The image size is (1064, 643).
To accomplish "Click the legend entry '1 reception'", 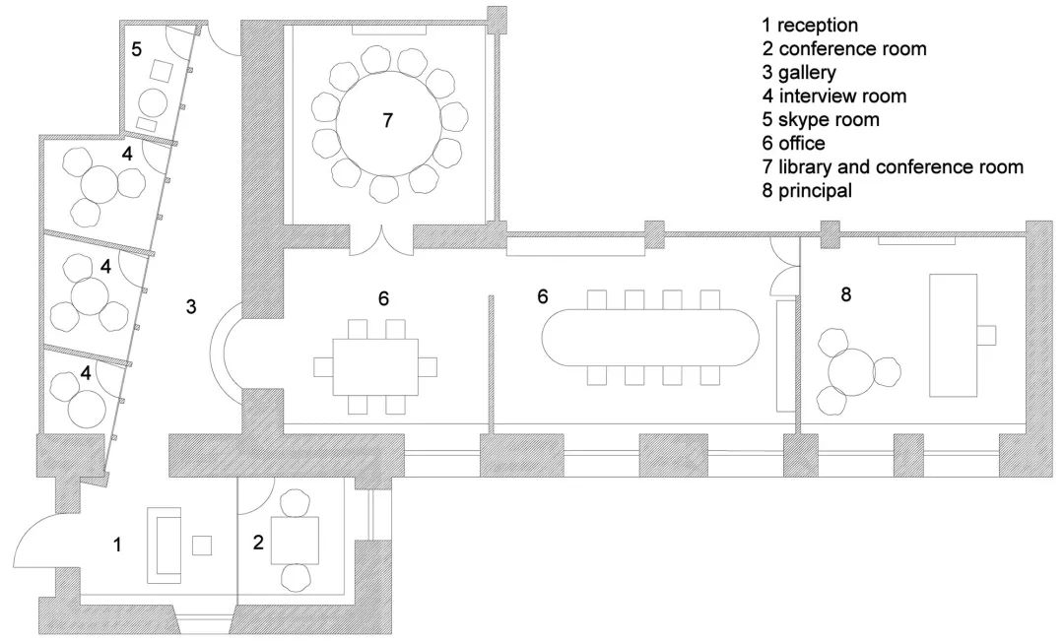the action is [810, 26].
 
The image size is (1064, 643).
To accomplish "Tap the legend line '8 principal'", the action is [807, 191].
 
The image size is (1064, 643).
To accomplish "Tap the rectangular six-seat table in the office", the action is [375, 366].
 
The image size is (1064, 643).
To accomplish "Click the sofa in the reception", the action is [166, 546].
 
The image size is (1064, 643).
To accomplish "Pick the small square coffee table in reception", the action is [202, 546].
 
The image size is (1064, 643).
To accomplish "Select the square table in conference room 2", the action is [295, 540].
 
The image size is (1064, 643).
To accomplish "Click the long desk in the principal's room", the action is [953, 335].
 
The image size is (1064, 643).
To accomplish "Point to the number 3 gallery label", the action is [191, 306].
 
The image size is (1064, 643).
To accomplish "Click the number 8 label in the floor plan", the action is [845, 294].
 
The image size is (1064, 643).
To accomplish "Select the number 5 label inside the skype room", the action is [136, 49].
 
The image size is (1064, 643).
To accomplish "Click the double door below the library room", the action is [382, 241].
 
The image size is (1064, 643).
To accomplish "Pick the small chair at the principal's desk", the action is [986, 335].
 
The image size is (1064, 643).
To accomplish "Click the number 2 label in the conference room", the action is [258, 543].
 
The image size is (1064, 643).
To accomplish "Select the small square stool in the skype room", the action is [163, 71].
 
